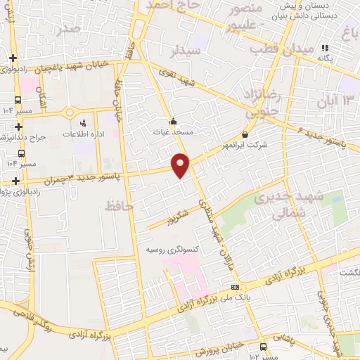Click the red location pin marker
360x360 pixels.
click(181, 165)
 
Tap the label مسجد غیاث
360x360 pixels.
click(174, 131)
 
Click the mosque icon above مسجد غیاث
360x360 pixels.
click(174, 120)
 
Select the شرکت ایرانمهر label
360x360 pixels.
click(243, 146)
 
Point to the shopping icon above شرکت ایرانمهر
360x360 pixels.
click(244, 134)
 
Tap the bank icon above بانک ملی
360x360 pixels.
click(234, 287)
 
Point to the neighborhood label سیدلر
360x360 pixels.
click(186, 51)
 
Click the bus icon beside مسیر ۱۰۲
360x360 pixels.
click(263, 347)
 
